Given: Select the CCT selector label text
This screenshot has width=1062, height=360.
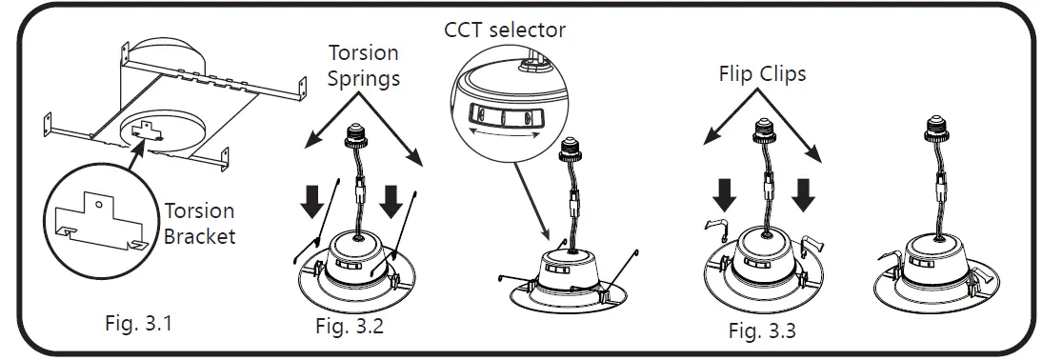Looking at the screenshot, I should click(x=504, y=30).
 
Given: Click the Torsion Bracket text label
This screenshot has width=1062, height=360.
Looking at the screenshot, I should click(x=200, y=224).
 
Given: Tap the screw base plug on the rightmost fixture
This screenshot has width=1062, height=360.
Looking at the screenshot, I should click(x=935, y=131).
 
